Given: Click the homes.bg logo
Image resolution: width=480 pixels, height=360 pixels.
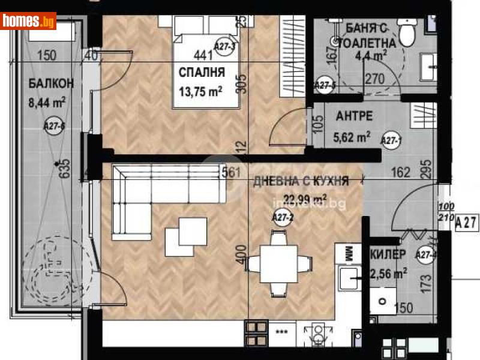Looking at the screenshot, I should pyautogui.click(x=29, y=21).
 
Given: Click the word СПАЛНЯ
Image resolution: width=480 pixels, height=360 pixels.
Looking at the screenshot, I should pyautogui.click(x=202, y=73).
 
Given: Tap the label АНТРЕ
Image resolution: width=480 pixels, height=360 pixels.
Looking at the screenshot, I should pyautogui.click(x=355, y=116).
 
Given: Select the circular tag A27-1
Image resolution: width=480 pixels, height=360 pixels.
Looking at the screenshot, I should pyautogui.click(x=392, y=140).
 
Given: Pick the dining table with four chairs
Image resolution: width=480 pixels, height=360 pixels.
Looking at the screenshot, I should pyautogui.click(x=279, y=263).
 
